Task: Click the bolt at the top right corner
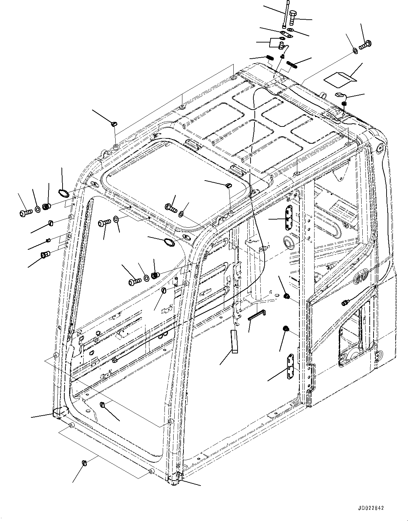(x=366, y=45)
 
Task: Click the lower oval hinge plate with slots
(x=290, y=366)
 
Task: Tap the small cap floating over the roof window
(x=228, y=185)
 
